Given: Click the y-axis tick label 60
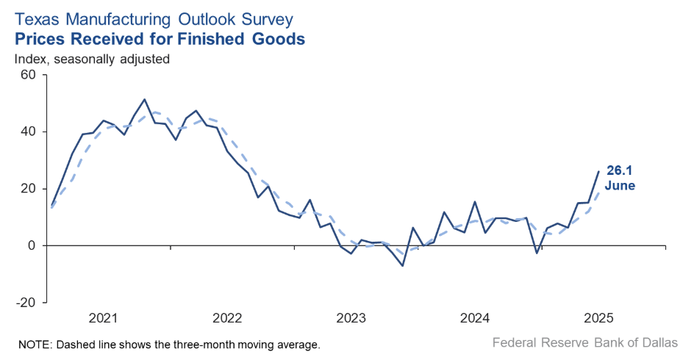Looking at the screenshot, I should coord(29,75).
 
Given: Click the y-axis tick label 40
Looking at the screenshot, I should coord(29,132).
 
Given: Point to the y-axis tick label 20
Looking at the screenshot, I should coord(29,189).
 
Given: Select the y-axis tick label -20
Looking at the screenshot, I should coord(26,302).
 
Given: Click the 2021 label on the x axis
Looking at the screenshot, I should coord(103,319).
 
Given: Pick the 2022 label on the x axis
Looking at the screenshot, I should coord(227,319).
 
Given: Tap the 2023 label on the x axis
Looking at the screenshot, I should coord(351,319).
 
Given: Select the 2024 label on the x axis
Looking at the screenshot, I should coord(475,319).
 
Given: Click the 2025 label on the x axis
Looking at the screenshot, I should coord(598,319).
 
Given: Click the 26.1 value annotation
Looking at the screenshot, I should coord(620,170).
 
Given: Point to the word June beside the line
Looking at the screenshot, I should coord(620,186).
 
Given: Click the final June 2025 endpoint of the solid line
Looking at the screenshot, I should coord(598,171).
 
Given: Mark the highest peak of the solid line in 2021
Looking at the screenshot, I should coord(144,99).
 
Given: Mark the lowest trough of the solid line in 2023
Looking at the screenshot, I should coord(402,265).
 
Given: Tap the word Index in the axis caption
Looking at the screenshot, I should coord(31,58).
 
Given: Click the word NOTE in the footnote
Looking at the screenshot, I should coord(32,344).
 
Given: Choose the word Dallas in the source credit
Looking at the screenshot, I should coord(659,342).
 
